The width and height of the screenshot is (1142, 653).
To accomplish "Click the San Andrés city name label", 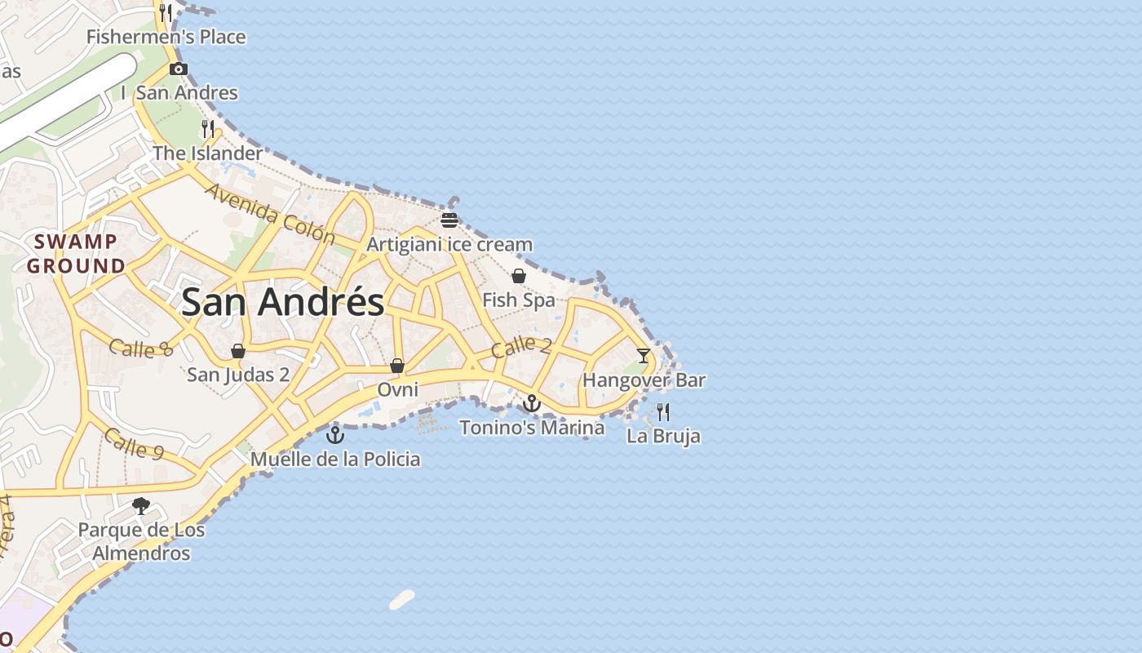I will pos(282,302).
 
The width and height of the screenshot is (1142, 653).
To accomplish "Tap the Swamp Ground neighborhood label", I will pos(76,254).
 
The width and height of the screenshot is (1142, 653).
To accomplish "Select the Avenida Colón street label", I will pos(270,215).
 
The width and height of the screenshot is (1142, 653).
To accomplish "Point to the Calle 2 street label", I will pos(521,346).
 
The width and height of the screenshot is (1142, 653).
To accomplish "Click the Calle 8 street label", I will pos(141,349).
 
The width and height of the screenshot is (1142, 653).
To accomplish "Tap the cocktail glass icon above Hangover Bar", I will pos(644,355).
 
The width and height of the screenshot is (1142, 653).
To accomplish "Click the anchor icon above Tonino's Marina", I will pos(532,403).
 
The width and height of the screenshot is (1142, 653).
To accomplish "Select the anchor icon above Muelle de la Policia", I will pos(335,435).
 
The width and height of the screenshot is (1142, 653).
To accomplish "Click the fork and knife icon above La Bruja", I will pos(663,411).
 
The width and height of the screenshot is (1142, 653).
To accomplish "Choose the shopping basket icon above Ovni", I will pos(397,366).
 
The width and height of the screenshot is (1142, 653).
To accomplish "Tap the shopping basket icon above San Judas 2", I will pos(238,351).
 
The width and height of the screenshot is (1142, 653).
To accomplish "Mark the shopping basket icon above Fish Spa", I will pos(519,276).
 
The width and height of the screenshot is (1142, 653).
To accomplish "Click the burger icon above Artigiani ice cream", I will pos(449,220).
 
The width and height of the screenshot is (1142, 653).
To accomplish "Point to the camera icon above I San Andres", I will pos(179,69).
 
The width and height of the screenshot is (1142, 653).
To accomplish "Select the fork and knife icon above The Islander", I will pos(208,129).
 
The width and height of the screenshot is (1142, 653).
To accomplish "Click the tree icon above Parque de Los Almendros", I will pos(142,505).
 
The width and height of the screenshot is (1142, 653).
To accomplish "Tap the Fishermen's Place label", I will pos(166,37).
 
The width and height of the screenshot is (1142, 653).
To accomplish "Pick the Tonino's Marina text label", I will pos(532,427).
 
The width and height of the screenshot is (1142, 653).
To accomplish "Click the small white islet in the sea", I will pos(402,600).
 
